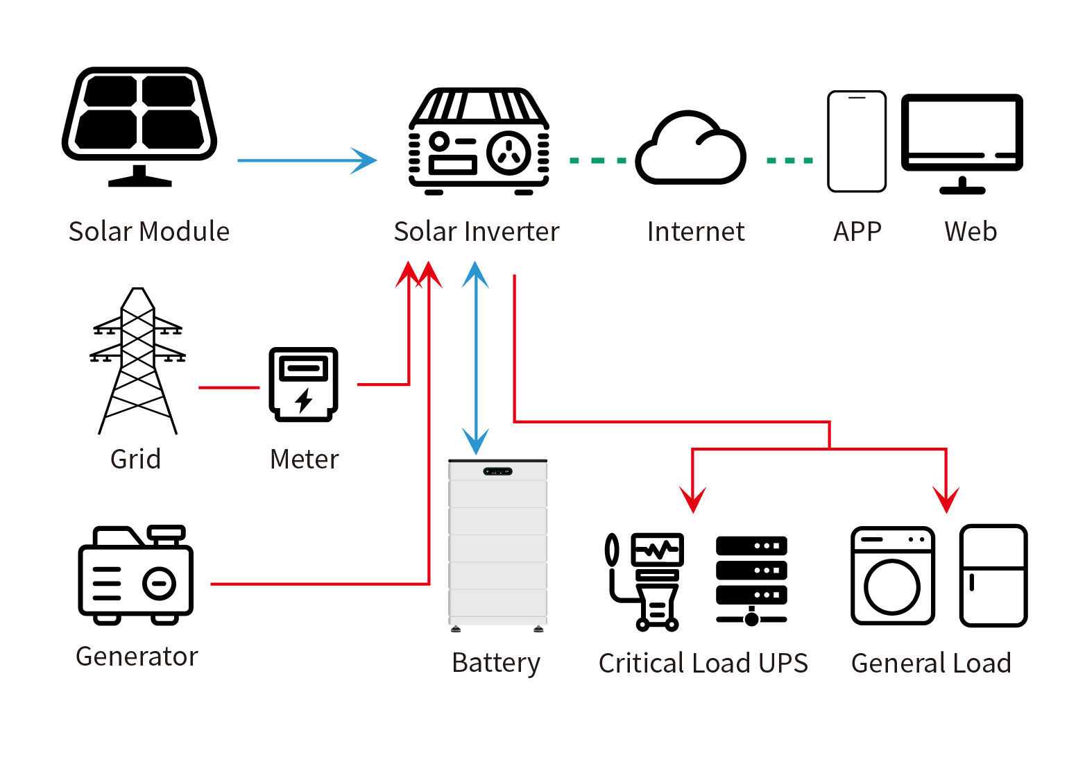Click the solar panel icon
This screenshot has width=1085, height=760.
click(x=139, y=125)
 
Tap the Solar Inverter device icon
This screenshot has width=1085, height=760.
click(x=479, y=142)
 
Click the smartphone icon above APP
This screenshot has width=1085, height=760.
click(x=857, y=142)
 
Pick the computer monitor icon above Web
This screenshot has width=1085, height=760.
click(x=962, y=142)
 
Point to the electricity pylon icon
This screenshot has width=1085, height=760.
click(x=138, y=361)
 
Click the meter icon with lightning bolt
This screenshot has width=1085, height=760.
click(x=303, y=384)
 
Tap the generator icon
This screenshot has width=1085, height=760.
click(x=136, y=575)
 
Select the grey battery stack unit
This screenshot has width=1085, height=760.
click(x=497, y=545)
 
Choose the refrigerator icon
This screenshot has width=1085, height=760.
click(x=993, y=575)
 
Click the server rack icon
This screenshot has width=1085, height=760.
click(x=751, y=580)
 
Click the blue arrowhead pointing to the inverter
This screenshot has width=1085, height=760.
click(x=364, y=160)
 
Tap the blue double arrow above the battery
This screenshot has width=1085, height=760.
click(x=476, y=357)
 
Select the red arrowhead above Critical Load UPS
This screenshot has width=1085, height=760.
click(x=692, y=499)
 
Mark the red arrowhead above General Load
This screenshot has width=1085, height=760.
click(x=946, y=499)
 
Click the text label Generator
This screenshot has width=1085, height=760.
click(x=137, y=657)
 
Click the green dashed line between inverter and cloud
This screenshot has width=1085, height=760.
click(x=597, y=160)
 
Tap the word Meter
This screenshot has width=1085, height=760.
click(x=304, y=459)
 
